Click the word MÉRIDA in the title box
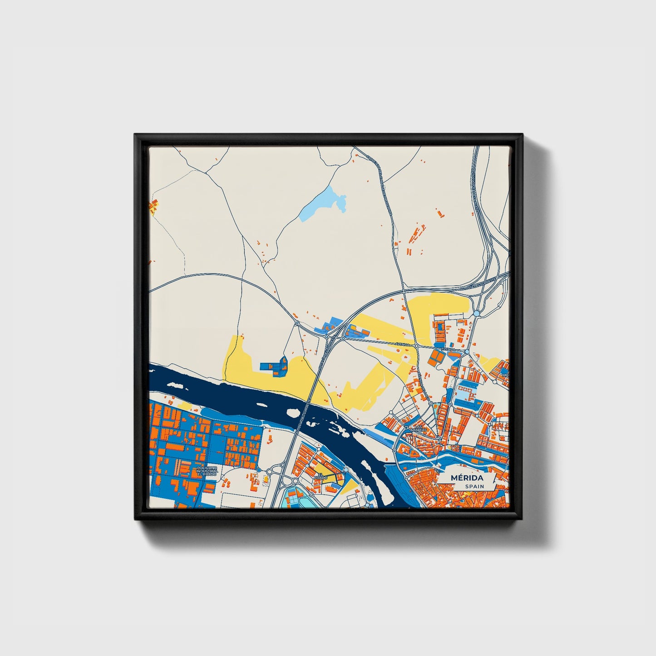pos(467,478)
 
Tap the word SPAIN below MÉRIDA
pos(474,486)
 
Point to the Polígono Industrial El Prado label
pos(207,471)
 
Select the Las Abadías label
pos(418,429)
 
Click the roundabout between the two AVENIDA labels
pos(416,346)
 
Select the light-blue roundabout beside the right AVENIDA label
pos(467,352)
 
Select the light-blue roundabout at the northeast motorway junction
pos(476,313)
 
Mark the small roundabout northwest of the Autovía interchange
pos(296,323)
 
